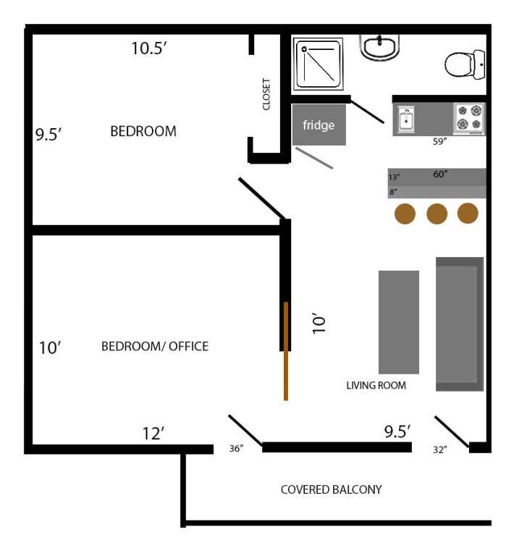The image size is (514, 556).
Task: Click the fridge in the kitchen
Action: coord(319,125)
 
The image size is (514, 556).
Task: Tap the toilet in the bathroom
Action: coord(465,65)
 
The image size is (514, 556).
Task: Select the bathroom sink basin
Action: coord(379,48)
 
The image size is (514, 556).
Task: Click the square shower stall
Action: coord(319,64)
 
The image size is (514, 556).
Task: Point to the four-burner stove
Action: coord(469,119)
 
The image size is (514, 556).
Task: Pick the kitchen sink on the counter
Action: coord(406,119)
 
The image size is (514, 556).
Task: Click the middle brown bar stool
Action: coord(437,214)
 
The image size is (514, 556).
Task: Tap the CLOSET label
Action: coord(266,94)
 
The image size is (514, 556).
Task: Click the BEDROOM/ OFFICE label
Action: coord(155,346)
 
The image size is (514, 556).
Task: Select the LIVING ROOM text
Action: coord(376,385)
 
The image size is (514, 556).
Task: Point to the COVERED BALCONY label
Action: coord(331,489)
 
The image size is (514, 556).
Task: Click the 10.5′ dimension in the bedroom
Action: coord(149,49)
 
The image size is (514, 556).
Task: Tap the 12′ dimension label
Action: coord(153,434)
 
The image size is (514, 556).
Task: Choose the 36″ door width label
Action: coord(237,449)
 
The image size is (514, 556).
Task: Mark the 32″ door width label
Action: coord(440,450)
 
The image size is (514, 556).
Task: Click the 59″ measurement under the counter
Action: coord(440,141)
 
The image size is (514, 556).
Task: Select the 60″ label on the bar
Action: coord(440,174)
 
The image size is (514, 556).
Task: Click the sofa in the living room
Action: coord(460,324)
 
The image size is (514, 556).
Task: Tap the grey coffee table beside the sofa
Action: coord(399,322)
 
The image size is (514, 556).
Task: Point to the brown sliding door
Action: coord(286,351)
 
